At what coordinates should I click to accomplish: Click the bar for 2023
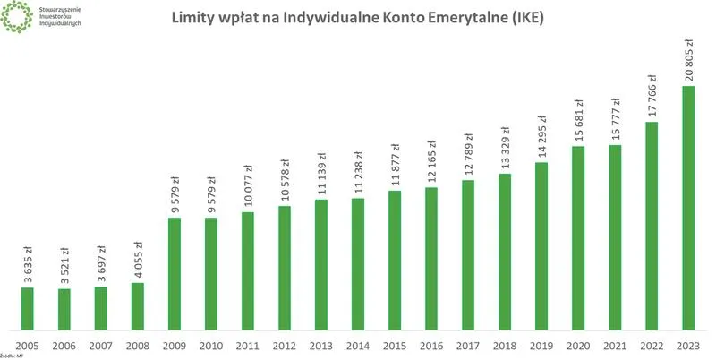(688, 207)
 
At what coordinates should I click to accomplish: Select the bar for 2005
(28, 307)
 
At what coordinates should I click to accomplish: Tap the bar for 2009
(175, 272)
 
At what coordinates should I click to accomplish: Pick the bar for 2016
(431, 258)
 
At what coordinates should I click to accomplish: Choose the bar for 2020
(578, 236)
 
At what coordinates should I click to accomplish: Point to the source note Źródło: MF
(12, 356)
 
